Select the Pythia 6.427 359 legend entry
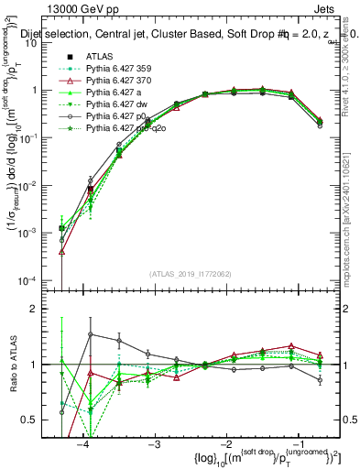(x=117, y=69)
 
